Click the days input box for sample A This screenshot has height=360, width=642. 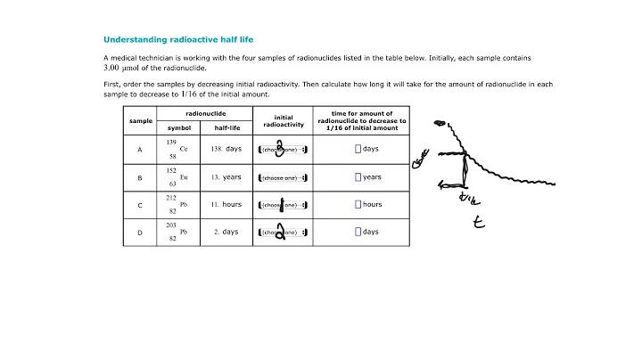(x=358, y=149)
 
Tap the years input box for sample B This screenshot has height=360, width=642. (x=358, y=177)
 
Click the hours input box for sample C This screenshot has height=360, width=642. (x=358, y=205)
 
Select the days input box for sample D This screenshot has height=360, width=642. (x=358, y=233)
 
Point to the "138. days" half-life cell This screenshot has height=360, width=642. (x=226, y=149)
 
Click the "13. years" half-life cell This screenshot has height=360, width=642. (x=226, y=177)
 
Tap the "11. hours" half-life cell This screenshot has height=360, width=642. (x=226, y=205)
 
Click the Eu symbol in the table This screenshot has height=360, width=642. (x=184, y=177)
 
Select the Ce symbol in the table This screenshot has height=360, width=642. (x=184, y=150)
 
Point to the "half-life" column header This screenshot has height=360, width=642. (x=226, y=127)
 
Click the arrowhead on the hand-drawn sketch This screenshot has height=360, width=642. (x=440, y=186)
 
